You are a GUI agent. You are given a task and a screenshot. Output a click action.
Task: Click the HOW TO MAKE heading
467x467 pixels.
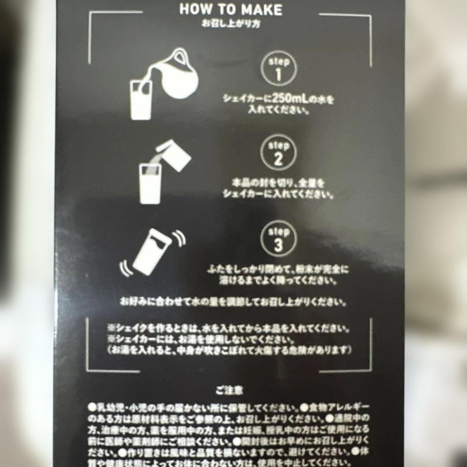coord(230,10)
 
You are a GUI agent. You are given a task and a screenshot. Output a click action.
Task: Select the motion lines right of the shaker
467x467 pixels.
coord(179,239)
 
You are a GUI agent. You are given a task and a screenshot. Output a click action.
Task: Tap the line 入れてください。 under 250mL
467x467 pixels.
coord(279,111)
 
